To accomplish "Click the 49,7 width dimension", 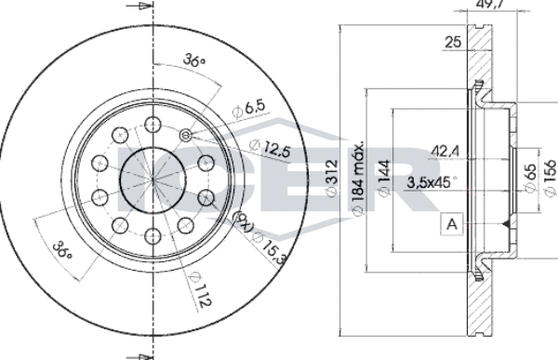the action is pyautogui.click(x=492, y=4).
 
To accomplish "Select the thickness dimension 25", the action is pyautogui.click(x=453, y=43).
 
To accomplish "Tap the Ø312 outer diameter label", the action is pyautogui.click(x=331, y=178).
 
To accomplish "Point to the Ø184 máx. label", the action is pyautogui.click(x=358, y=178).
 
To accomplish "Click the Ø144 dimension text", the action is pyautogui.click(x=383, y=178).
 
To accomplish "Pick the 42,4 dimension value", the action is pyautogui.click(x=445, y=152).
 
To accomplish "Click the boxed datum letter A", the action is pyautogui.click(x=452, y=224).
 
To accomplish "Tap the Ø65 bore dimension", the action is pyautogui.click(x=530, y=178).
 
